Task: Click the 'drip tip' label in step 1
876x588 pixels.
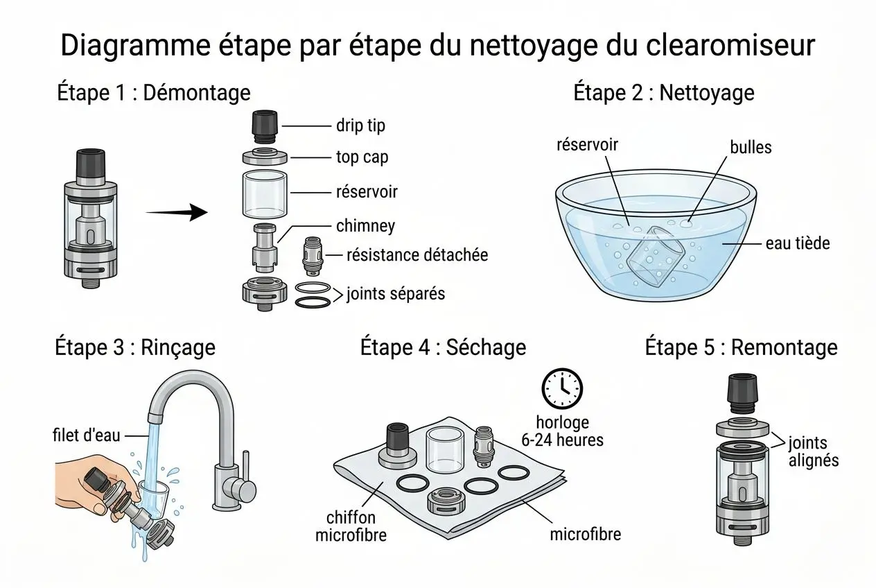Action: click(360, 126)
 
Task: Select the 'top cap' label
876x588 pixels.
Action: click(362, 157)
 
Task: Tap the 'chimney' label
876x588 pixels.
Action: click(365, 226)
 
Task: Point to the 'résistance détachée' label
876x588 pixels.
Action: click(417, 255)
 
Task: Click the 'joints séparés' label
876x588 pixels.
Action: click(395, 293)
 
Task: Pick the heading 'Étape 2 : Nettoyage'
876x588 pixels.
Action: click(663, 92)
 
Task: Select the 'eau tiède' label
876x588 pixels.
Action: click(797, 243)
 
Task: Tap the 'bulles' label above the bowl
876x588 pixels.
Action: click(750, 148)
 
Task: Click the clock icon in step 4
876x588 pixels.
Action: click(562, 388)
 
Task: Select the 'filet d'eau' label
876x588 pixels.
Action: click(87, 435)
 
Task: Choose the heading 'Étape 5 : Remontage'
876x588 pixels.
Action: click(741, 347)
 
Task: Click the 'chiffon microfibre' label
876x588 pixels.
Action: click(350, 526)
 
